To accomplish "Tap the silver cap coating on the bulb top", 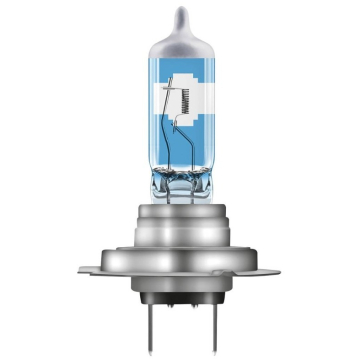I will click(x=180, y=40).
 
